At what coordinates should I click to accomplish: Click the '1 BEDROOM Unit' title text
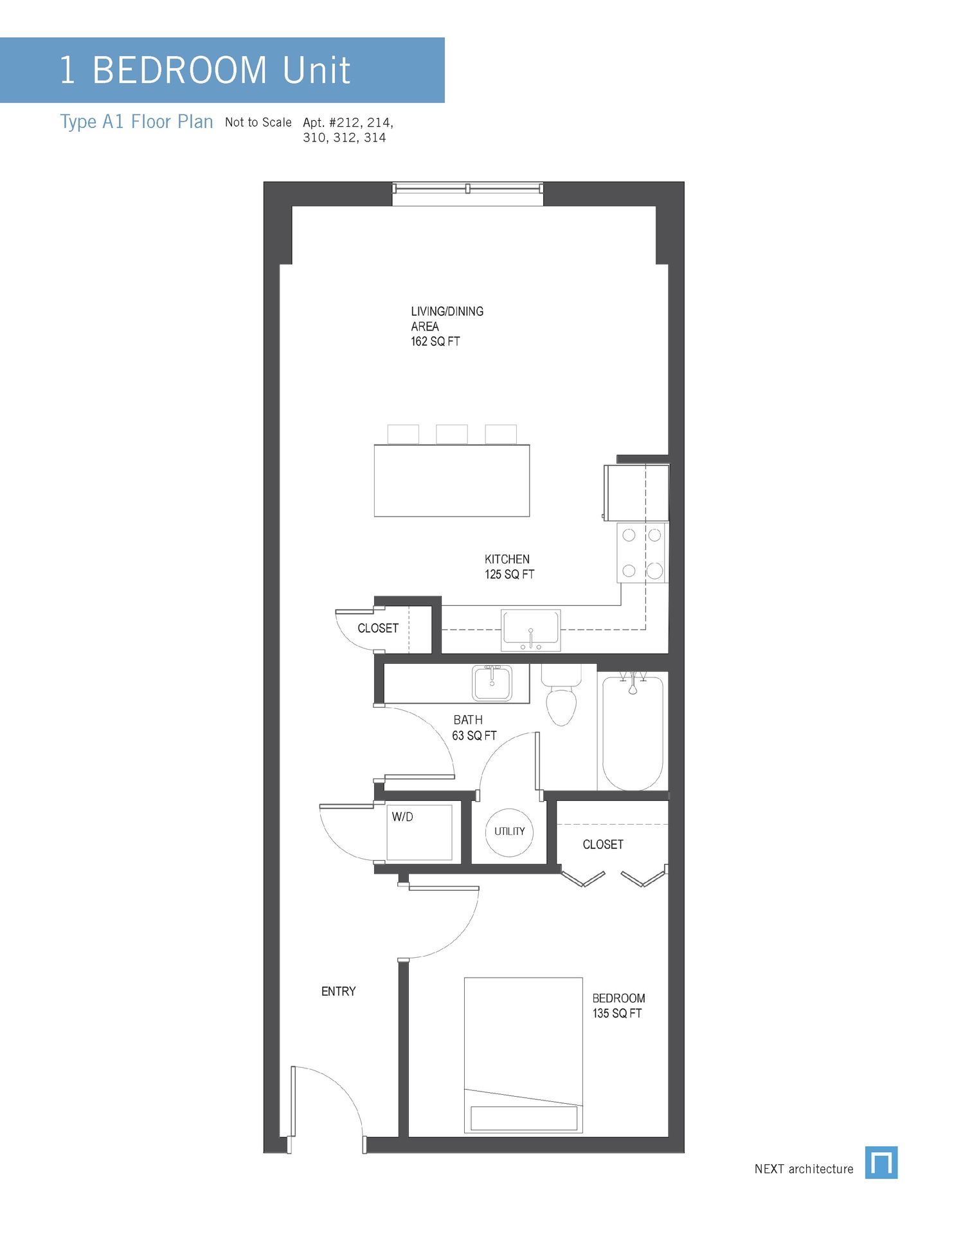click(204, 70)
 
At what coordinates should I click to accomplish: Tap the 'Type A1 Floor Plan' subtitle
click(136, 122)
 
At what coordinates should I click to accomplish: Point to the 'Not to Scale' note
click(258, 122)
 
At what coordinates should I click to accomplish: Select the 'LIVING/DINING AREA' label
click(447, 318)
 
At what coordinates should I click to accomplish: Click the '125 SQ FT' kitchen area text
click(509, 574)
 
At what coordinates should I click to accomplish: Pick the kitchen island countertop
click(451, 480)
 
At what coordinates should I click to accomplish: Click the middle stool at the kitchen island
click(451, 434)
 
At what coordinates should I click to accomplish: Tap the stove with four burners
click(642, 553)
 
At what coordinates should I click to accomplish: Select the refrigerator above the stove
click(636, 492)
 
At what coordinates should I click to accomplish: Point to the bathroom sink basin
click(492, 683)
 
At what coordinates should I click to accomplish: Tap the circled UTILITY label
click(509, 832)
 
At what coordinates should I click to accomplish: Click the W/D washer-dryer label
click(402, 817)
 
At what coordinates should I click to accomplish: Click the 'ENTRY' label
click(338, 991)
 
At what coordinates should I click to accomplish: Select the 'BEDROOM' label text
click(618, 998)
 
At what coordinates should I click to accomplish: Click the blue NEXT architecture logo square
click(881, 1162)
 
